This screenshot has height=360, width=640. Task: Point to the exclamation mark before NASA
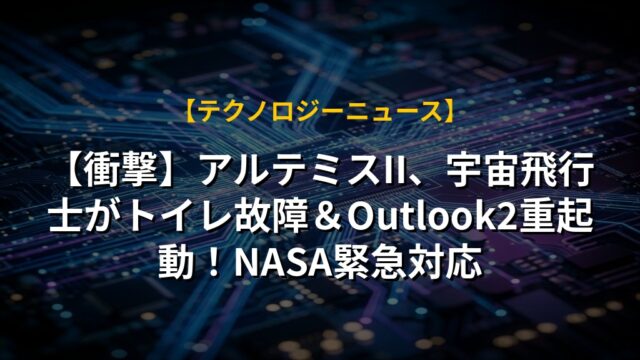[211, 264]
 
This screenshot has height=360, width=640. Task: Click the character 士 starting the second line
[64, 218]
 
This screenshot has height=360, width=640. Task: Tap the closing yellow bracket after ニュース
[448, 111]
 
